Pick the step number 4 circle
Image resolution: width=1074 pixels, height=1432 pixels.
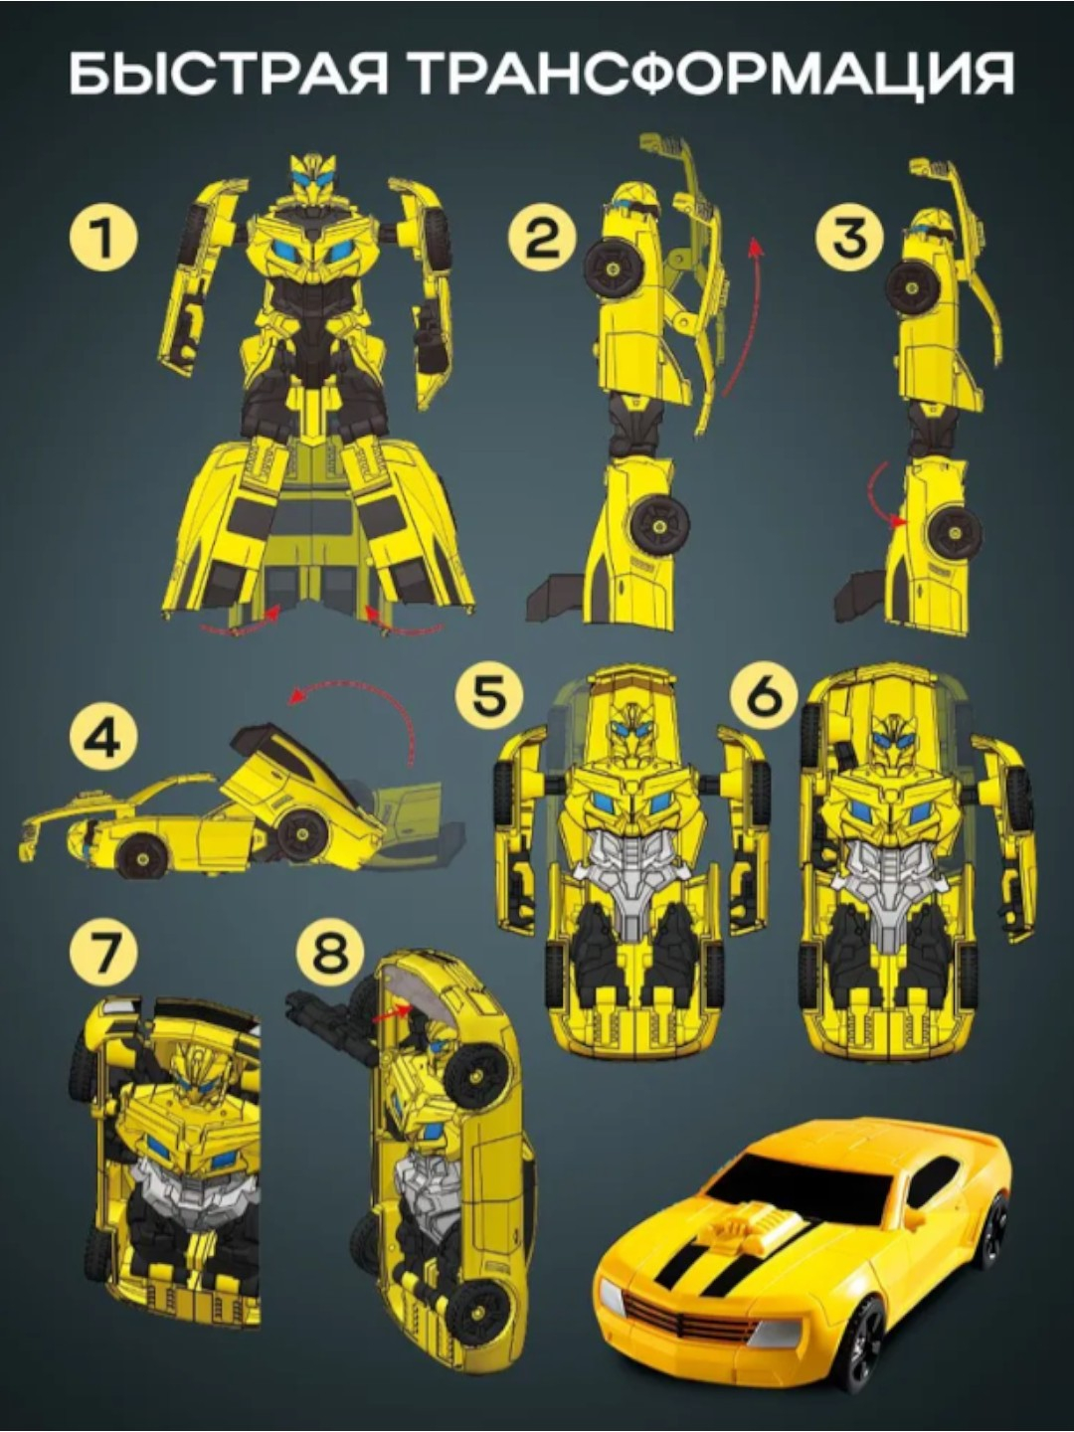[104, 741]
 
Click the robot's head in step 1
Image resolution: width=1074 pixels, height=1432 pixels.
[313, 179]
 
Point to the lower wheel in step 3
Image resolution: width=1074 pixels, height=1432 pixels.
[956, 533]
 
